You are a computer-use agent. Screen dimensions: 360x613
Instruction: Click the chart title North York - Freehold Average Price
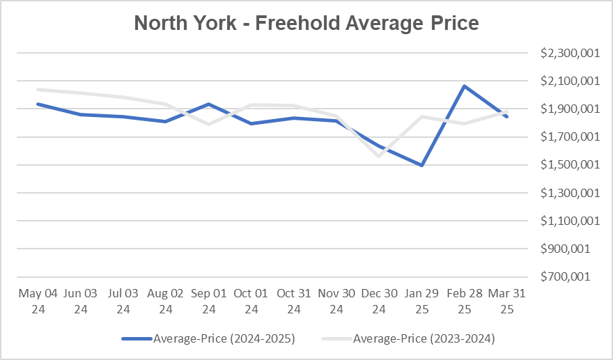306,23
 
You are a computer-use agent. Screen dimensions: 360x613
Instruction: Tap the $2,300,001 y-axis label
568,54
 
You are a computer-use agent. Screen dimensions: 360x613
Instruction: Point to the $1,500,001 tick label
568,165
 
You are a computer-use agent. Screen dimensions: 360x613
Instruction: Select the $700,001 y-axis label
568,276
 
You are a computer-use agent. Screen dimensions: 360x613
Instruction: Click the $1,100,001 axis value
568,221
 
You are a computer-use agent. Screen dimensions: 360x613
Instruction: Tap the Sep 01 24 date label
208,301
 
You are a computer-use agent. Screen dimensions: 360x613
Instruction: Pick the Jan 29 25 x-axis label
422,301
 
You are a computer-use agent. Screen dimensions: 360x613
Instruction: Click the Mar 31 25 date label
507,301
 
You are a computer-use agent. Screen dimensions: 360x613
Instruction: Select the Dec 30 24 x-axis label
380,301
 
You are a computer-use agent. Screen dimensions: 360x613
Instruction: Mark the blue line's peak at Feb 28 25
465,86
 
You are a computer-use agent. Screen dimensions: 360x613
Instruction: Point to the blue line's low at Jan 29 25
422,165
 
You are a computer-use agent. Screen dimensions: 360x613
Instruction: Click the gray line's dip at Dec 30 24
380,155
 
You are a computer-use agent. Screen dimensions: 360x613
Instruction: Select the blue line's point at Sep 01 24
208,104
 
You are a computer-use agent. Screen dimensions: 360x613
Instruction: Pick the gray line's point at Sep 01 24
208,124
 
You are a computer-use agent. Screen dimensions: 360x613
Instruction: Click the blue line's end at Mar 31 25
507,116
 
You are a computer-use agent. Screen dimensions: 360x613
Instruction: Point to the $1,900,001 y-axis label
568,109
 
